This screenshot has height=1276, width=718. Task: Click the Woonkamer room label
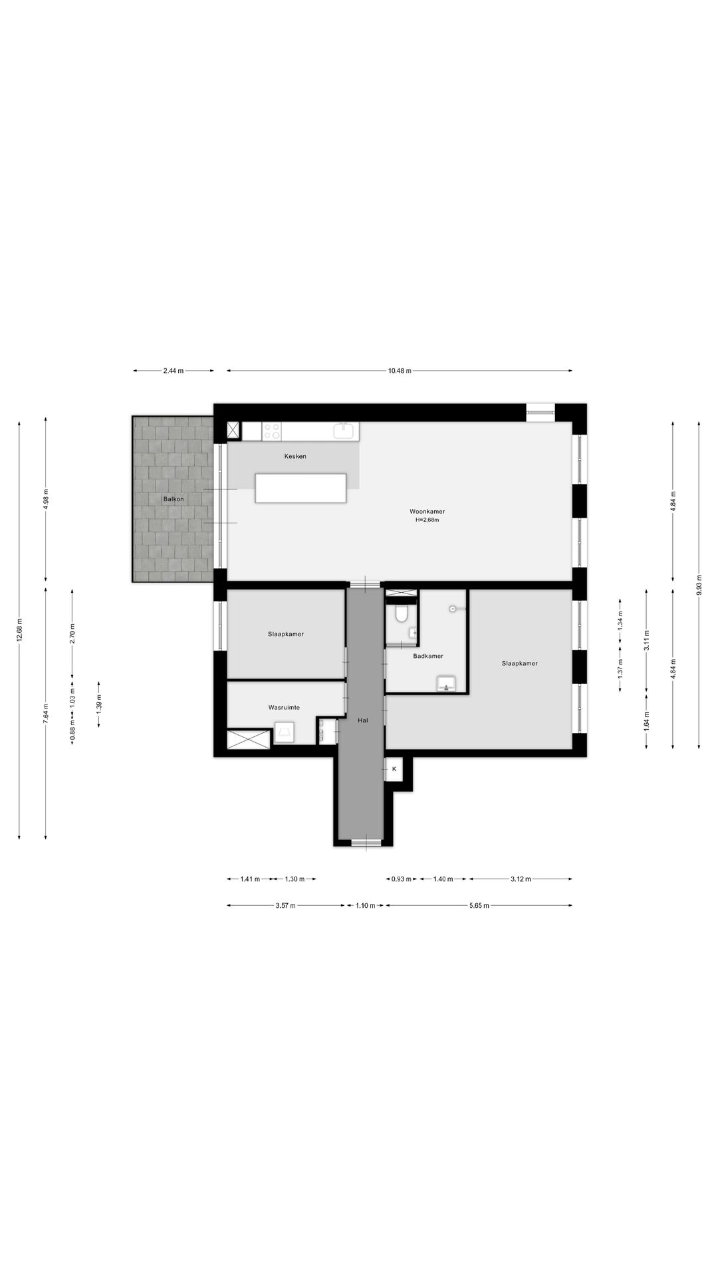(x=427, y=512)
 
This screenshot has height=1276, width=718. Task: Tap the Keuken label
(x=295, y=457)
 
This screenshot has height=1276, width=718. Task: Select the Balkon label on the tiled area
(x=174, y=499)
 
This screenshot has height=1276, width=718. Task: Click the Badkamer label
(x=427, y=656)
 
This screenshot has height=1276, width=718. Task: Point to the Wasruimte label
(x=284, y=707)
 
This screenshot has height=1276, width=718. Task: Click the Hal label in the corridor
(x=362, y=720)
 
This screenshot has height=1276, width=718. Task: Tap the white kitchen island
(x=301, y=488)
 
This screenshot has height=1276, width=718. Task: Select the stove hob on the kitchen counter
(x=271, y=431)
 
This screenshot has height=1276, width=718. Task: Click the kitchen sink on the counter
(x=344, y=431)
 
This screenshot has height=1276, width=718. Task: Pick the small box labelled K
(x=394, y=769)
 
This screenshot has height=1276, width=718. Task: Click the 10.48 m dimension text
(x=400, y=371)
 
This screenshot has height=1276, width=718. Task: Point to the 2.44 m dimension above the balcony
(x=174, y=371)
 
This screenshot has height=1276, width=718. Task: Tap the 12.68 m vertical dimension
(x=20, y=629)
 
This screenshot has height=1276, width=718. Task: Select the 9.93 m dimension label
(x=699, y=584)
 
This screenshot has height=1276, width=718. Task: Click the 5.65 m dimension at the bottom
(x=479, y=905)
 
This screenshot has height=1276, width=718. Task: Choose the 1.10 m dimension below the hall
(x=365, y=905)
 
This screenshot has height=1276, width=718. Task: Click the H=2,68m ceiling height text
(x=427, y=520)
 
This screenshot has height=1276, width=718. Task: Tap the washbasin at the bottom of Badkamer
(x=446, y=684)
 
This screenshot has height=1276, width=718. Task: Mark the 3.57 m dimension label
(x=286, y=905)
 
